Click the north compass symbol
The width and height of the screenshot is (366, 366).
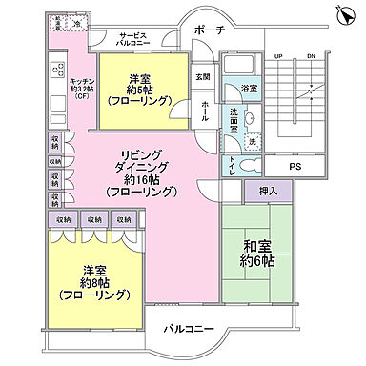click(346, 10)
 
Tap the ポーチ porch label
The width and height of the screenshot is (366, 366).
click(209, 31)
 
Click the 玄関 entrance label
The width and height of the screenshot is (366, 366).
click(203, 77)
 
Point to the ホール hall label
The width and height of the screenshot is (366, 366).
click(205, 112)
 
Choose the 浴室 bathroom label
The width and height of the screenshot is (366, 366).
click(247, 89)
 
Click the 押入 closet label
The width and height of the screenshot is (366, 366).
click(268, 193)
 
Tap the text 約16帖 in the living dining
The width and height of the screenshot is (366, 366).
click(141, 178)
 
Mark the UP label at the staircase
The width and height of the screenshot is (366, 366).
click(278, 55)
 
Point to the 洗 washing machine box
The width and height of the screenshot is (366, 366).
click(253, 140)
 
